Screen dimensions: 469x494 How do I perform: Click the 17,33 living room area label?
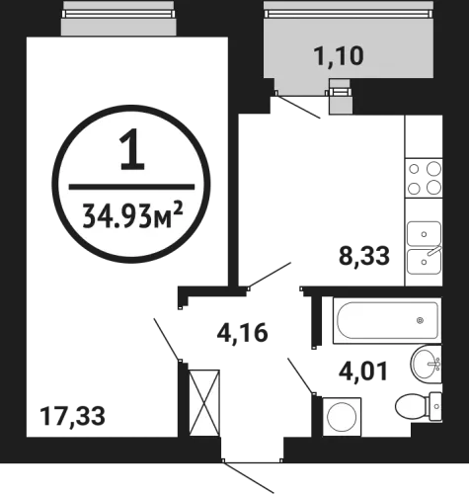[72, 416]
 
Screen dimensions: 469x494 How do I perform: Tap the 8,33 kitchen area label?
[364, 256]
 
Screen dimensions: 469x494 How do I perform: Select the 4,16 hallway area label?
[242, 333]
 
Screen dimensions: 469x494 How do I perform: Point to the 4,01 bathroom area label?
[363, 371]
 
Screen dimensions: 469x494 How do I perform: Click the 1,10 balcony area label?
[339, 55]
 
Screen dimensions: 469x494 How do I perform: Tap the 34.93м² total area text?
[132, 215]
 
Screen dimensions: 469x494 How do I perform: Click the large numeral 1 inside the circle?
[132, 149]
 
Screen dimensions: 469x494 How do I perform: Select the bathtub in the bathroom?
[387, 320]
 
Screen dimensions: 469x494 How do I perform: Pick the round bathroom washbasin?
[426, 364]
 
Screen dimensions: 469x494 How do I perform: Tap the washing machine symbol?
[342, 417]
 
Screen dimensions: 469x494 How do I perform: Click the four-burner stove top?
[424, 178]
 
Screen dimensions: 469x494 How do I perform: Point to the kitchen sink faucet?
[433, 251]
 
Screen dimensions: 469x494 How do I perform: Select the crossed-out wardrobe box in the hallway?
[204, 403]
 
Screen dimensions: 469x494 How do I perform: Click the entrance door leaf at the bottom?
[249, 477]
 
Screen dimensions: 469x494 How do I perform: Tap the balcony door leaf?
[298, 107]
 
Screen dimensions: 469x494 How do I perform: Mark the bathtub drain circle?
[420, 320]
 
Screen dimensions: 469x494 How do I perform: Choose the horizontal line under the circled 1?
[131, 187]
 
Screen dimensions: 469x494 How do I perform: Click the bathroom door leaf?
[301, 375]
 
